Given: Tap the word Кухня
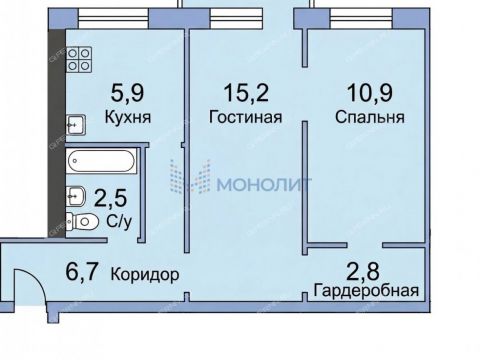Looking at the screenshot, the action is [128, 117].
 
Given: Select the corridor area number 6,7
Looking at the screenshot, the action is [84, 273].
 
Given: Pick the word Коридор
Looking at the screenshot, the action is [145, 273].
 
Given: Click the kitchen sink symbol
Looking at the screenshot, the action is [75, 124].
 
